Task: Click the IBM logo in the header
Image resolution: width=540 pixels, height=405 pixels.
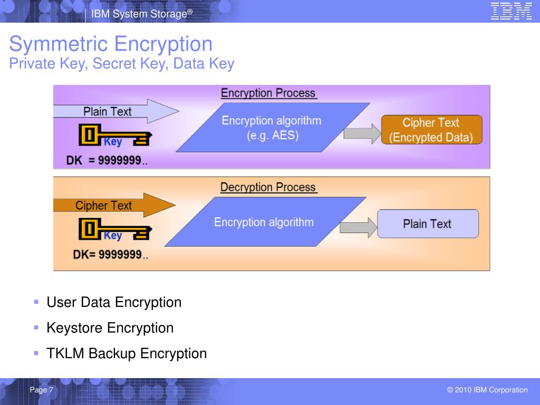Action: pyautogui.click(x=511, y=11)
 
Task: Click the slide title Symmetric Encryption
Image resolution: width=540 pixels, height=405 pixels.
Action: pyautogui.click(x=111, y=44)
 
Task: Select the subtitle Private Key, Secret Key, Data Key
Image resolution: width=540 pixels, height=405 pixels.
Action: pyautogui.click(x=122, y=64)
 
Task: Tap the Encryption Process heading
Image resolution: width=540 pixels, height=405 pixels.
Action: pyautogui.click(x=268, y=93)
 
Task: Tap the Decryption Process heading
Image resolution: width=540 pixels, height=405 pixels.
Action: pyautogui.click(x=268, y=187)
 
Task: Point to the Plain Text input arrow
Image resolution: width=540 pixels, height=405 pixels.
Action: pyautogui.click(x=116, y=111)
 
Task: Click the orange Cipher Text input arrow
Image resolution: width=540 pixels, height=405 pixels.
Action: pyautogui.click(x=113, y=205)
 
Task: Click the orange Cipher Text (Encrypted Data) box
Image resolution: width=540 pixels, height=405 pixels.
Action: pyautogui.click(x=431, y=130)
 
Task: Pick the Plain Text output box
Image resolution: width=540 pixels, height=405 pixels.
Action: pyautogui.click(x=427, y=224)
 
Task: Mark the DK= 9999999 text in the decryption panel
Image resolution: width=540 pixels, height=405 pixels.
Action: pyautogui.click(x=110, y=255)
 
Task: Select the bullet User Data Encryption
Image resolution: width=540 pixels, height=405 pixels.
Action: pyautogui.click(x=114, y=302)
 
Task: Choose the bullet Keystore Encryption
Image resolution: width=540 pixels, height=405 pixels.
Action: pyautogui.click(x=110, y=327)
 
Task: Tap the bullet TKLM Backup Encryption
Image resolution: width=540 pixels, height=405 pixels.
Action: pyautogui.click(x=127, y=353)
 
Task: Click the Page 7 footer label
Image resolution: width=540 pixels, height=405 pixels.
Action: pyautogui.click(x=42, y=390)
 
